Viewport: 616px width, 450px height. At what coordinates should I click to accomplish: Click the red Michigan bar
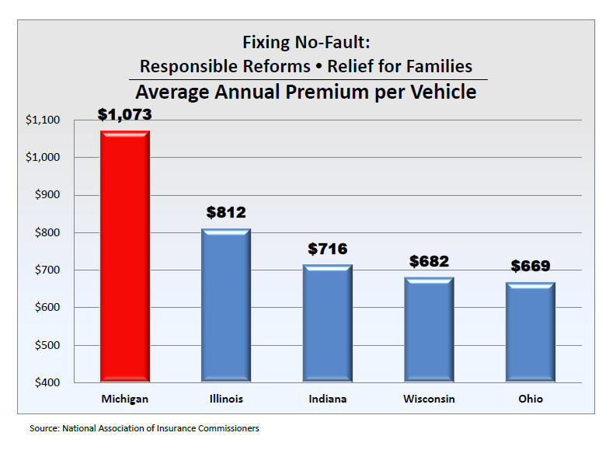pos(125,256)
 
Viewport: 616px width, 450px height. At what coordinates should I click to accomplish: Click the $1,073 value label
pos(124,114)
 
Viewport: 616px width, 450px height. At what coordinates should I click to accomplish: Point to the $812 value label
pos(226,212)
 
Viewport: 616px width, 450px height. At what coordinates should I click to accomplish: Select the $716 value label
pos(327,249)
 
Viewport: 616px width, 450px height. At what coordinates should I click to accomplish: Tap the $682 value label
pos(429,261)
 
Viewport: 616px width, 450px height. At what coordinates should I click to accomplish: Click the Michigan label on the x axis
pos(124,399)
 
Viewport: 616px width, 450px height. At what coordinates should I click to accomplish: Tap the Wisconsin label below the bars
pos(429,399)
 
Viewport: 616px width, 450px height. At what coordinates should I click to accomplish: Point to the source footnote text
pos(144,428)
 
